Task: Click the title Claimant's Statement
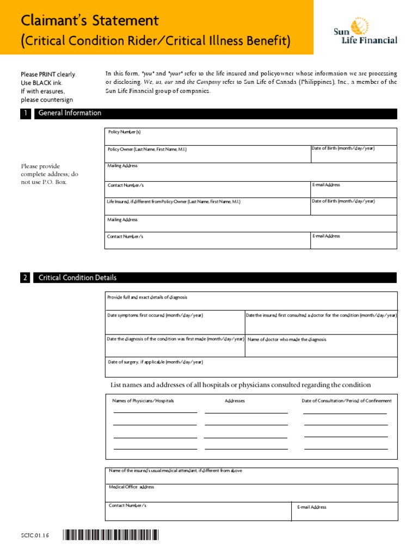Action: (90, 21)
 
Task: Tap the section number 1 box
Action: (25, 113)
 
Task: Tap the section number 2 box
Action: (25, 278)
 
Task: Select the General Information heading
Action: (70, 113)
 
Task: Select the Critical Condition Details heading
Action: (78, 278)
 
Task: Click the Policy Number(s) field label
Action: (125, 132)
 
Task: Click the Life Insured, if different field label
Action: (174, 201)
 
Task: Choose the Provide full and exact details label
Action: (147, 298)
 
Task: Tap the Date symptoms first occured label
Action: (156, 315)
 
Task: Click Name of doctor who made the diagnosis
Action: (287, 339)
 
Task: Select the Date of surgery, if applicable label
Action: (155, 362)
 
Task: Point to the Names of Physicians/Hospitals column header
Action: (143, 401)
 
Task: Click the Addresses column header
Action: (235, 401)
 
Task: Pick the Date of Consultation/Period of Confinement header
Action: (346, 401)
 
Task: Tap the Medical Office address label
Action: (131, 487)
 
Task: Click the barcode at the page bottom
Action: (110, 536)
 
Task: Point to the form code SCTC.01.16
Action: (35, 536)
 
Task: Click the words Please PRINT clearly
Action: (48, 75)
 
